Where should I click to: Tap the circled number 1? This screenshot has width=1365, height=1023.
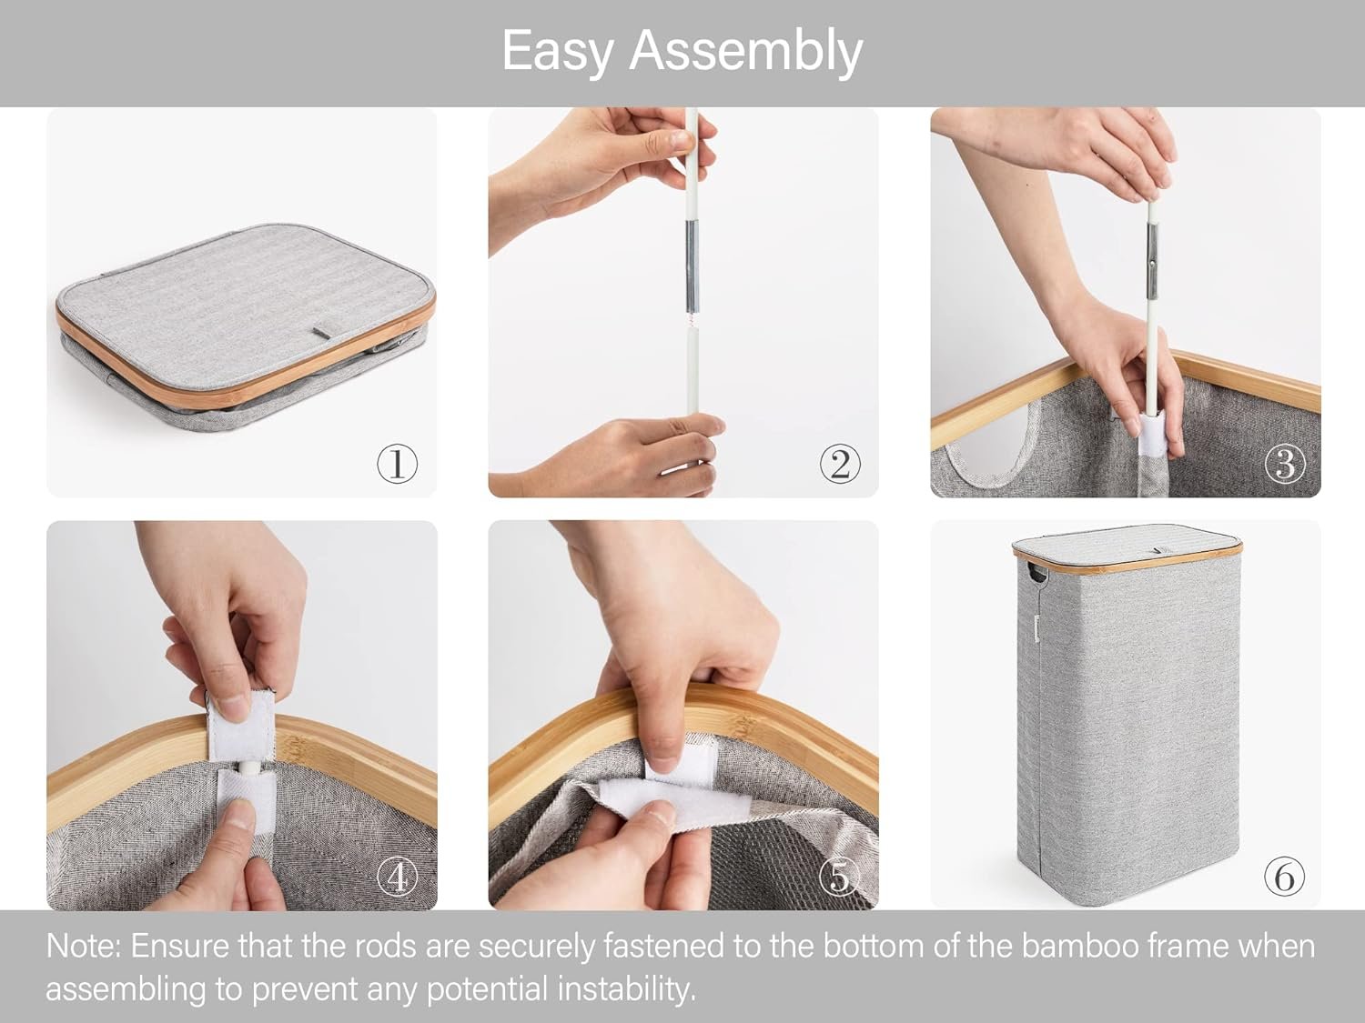coord(397,464)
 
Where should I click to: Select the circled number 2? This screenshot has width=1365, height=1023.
coord(840,464)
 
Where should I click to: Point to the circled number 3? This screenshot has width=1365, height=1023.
coord(1285,464)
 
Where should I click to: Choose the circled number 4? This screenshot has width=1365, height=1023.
coord(397,877)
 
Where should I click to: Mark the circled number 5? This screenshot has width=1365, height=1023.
coord(840,877)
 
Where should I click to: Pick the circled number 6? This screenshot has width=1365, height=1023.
coord(1285,877)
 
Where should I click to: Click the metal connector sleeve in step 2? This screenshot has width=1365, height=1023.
coord(693,266)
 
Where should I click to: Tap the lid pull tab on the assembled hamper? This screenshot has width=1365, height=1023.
coord(1158,550)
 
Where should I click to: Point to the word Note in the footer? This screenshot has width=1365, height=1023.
coord(84,947)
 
